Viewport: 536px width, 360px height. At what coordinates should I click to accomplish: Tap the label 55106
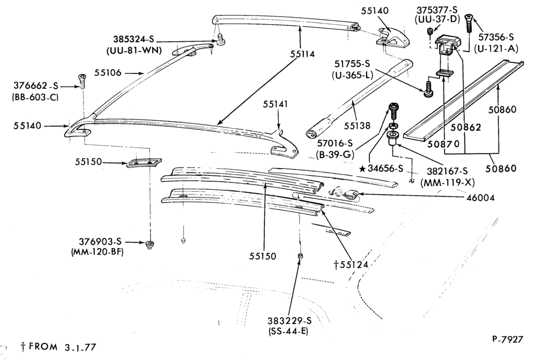tap(108, 72)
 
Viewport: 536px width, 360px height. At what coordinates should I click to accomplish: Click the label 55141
tap(276, 104)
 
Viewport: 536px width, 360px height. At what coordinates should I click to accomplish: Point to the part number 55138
tap(357, 126)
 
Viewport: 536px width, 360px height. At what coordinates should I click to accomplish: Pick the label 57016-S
tap(334, 143)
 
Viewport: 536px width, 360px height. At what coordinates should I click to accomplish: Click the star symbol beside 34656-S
tap(362, 168)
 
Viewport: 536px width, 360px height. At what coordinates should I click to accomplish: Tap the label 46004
tap(481, 198)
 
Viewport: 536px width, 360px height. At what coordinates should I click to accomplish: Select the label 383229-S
tap(290, 321)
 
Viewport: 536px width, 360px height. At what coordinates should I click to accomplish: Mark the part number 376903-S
tap(101, 242)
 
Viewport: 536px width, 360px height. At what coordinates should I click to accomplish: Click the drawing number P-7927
tap(508, 339)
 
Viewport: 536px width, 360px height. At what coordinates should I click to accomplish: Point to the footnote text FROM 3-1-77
tap(63, 347)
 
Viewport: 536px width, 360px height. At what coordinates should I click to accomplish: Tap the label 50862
tap(465, 127)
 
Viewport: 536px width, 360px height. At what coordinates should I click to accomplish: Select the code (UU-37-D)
tap(437, 19)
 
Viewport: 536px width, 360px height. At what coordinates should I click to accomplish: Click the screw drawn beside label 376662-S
tap(82, 81)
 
